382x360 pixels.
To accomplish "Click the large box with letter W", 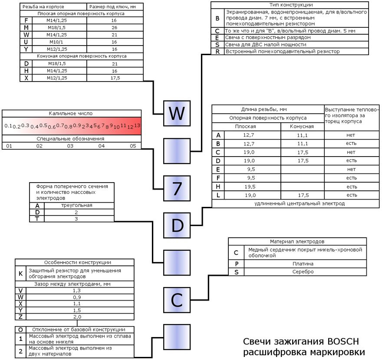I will click(x=177, y=114).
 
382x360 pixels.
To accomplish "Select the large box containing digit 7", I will click(x=177, y=189).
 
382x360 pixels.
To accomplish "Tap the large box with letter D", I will click(x=177, y=226).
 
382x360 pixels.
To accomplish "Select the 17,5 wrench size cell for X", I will click(x=114, y=78).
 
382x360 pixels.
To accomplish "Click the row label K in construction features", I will click(x=20, y=274).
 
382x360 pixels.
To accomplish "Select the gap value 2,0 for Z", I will click(x=77, y=317).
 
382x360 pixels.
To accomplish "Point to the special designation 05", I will click(x=132, y=146).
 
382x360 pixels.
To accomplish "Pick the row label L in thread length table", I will click(x=218, y=195).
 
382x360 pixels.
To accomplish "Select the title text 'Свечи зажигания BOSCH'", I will click(x=301, y=341).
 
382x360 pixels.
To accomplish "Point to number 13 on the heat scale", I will click(x=137, y=125).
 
